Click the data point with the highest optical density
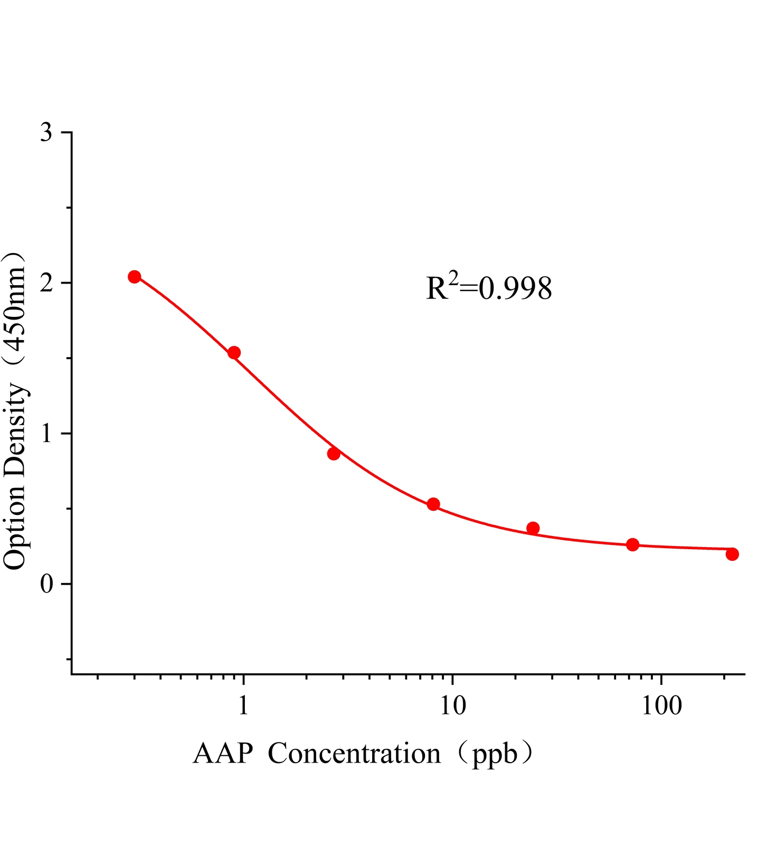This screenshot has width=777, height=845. click(x=135, y=277)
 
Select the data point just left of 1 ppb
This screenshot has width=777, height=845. click(x=234, y=353)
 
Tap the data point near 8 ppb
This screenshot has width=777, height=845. click(x=433, y=504)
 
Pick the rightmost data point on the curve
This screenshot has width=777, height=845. click(x=732, y=554)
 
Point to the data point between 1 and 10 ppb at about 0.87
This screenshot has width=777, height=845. click(x=334, y=454)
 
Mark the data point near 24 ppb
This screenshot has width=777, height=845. click(x=533, y=528)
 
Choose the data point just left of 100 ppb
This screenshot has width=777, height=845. click(x=632, y=544)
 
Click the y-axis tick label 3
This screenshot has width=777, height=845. click(x=47, y=133)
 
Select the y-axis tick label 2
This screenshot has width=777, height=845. click(x=47, y=283)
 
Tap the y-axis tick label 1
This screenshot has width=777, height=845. click(x=47, y=434)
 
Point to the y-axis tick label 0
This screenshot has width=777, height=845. click(x=47, y=584)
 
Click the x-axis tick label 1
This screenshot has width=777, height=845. click(x=243, y=705)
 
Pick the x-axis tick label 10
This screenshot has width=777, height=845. click(x=452, y=705)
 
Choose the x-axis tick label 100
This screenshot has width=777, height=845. click(x=661, y=705)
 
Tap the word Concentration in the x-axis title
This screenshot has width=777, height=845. click(x=354, y=754)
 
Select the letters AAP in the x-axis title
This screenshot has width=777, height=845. click(x=223, y=754)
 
